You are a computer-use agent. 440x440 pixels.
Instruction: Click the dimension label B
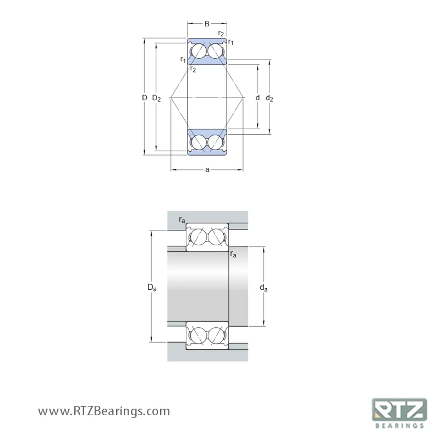207,24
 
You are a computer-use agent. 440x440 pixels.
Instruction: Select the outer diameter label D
144,97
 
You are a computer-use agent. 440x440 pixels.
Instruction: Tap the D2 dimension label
156,98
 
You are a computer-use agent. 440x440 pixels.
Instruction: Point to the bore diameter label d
257,97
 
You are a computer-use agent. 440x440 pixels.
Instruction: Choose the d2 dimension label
269,98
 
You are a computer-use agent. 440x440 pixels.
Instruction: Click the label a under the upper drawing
207,169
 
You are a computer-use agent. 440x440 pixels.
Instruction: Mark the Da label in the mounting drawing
152,288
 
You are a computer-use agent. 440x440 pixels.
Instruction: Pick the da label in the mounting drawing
264,288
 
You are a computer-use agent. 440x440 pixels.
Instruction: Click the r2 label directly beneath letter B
221,34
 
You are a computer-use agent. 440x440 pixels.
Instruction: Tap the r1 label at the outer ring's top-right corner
231,42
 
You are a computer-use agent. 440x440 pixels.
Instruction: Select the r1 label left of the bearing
183,59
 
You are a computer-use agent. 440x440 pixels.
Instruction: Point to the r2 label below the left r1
193,69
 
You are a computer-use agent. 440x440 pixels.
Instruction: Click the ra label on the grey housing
182,220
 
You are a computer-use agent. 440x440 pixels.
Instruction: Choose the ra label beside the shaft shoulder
234,254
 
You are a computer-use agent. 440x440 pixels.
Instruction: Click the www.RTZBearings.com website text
104,411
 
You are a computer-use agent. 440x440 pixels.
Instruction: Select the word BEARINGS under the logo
399,425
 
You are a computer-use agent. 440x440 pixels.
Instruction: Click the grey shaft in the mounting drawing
198,286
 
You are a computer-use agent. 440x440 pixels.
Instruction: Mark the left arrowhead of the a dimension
173,169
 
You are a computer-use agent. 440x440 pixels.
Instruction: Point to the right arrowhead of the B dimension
225,24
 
